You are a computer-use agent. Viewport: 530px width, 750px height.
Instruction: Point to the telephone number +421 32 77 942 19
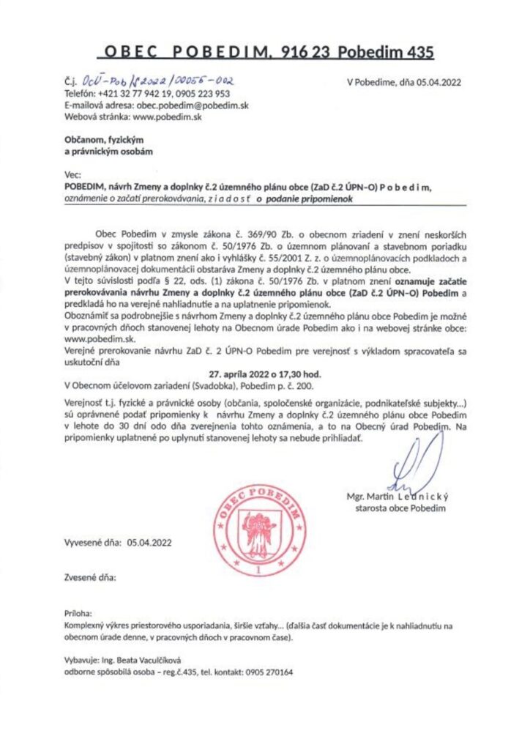point(135,94)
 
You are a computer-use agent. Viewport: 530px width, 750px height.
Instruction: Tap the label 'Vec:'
point(72,176)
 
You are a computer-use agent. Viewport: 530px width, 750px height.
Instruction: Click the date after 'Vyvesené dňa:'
point(149,543)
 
